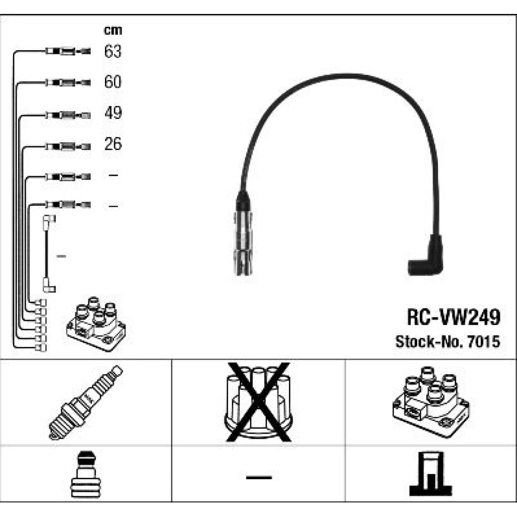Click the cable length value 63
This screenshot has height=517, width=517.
(113, 52)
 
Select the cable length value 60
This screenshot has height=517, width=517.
(113, 82)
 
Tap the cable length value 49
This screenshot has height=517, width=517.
(113, 113)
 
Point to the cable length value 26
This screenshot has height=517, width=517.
(113, 144)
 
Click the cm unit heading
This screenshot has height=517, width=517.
(113, 31)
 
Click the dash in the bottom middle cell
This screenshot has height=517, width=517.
(258, 476)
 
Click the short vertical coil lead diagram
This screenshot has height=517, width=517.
(48, 253)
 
